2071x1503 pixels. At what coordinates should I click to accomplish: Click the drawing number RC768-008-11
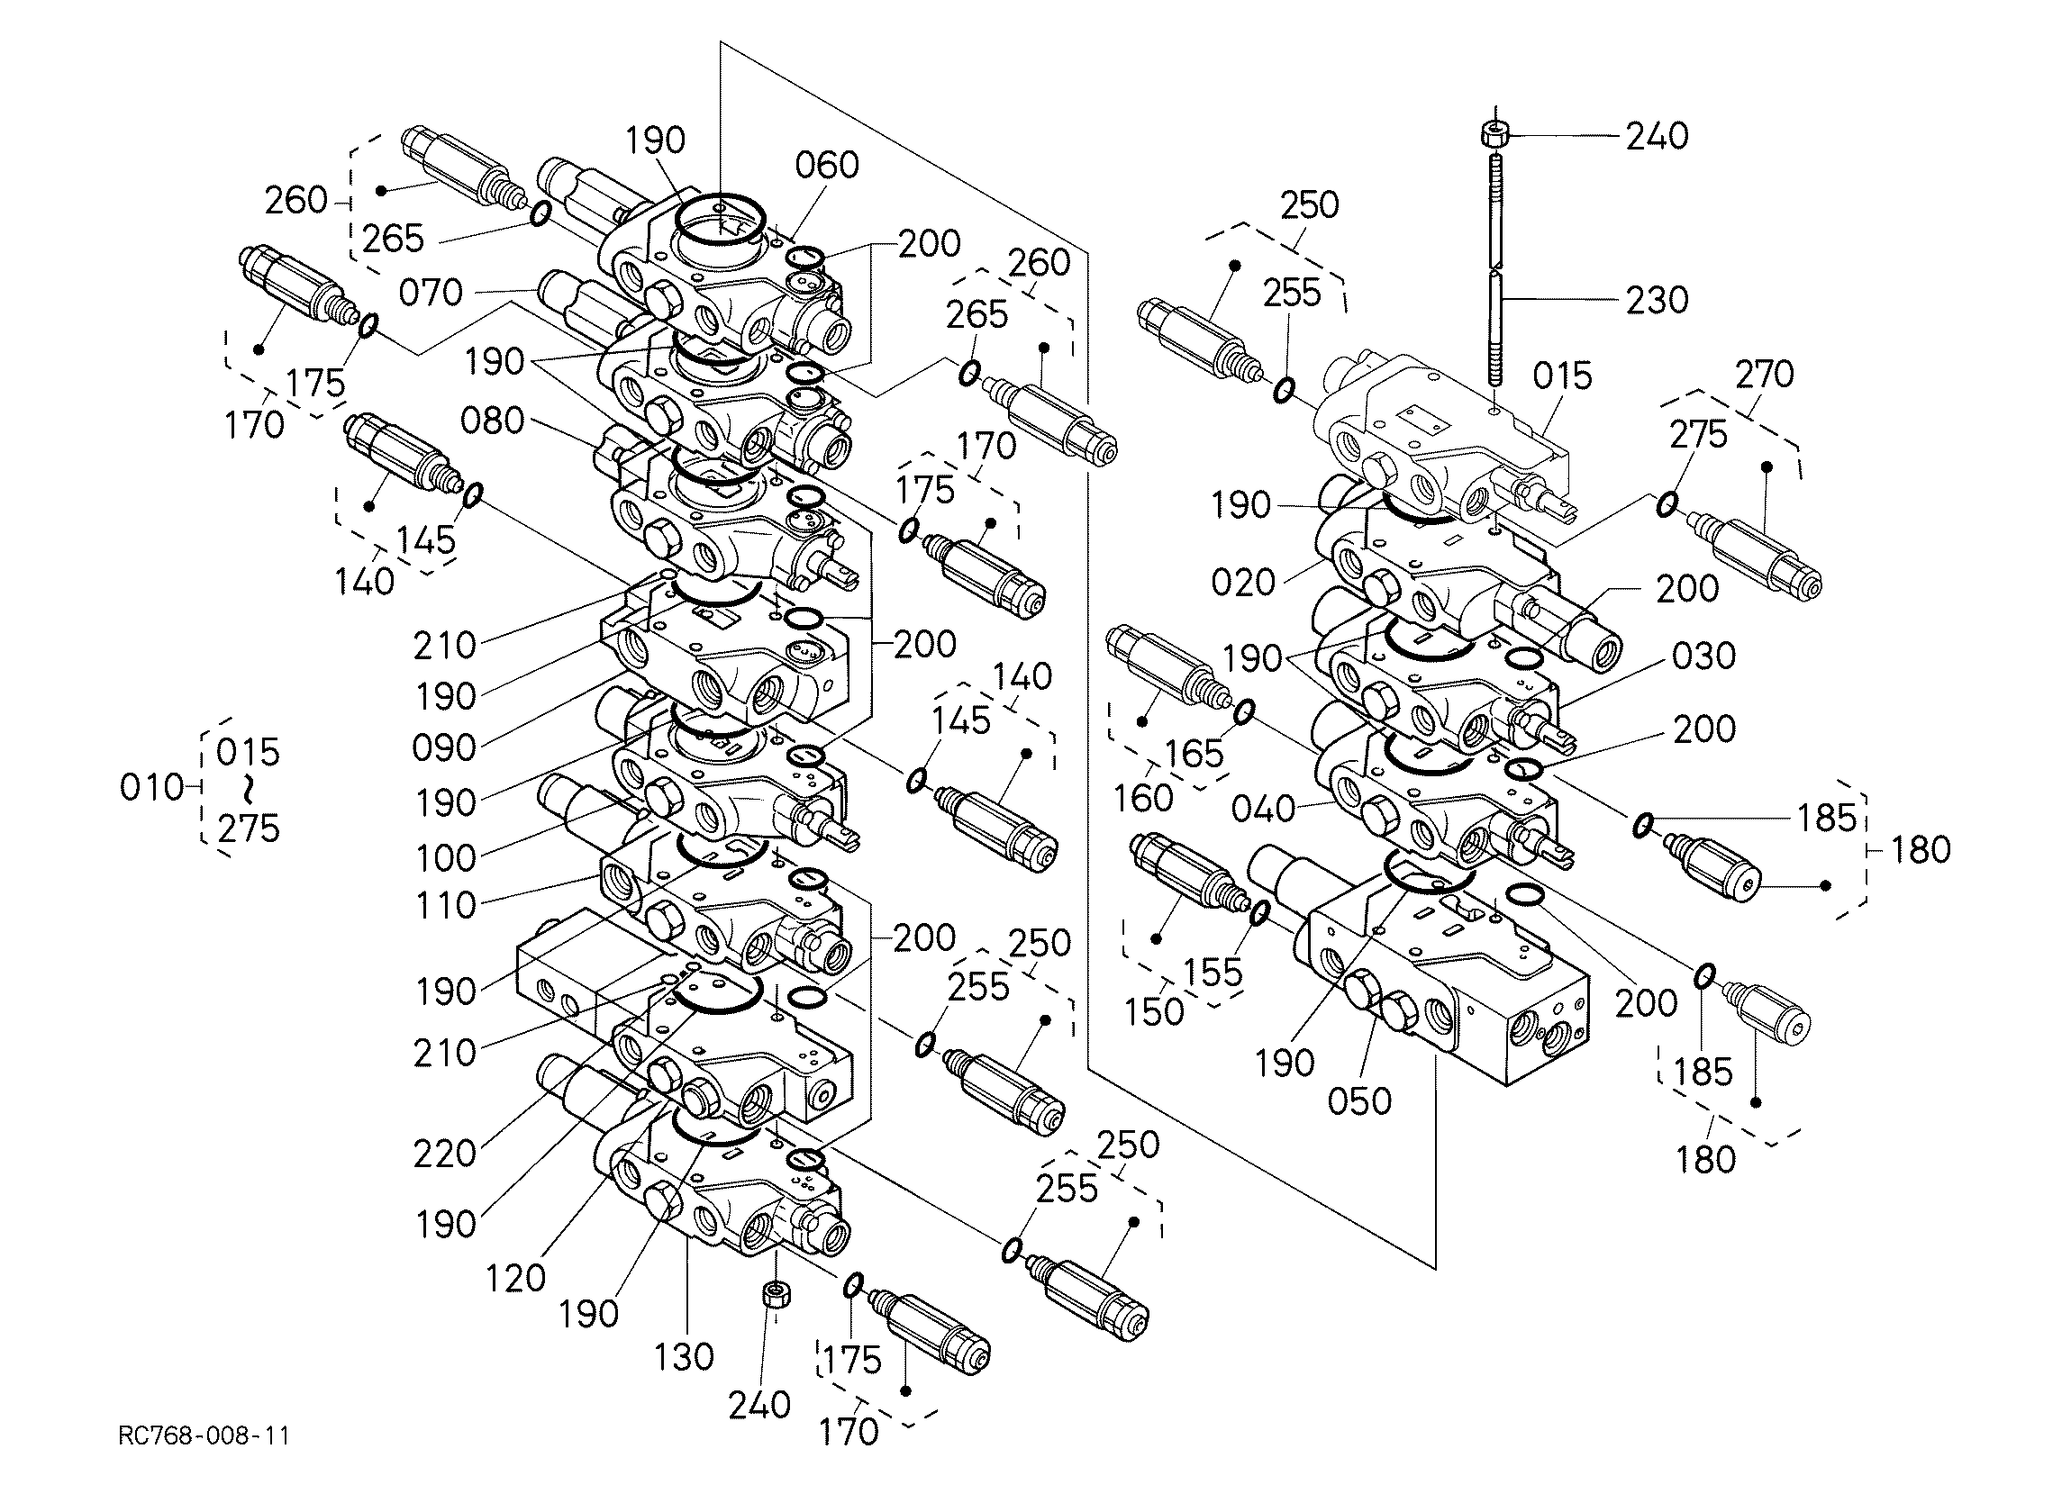click(x=204, y=1435)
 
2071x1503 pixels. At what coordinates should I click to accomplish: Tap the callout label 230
click(x=1658, y=300)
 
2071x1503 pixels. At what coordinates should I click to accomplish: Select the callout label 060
click(x=827, y=166)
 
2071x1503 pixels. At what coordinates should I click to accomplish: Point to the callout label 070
click(x=431, y=292)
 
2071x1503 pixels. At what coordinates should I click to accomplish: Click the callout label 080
click(x=492, y=420)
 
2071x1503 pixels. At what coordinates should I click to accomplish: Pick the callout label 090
click(x=445, y=747)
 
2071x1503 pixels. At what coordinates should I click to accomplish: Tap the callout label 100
click(x=446, y=857)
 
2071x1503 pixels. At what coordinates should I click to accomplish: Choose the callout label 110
click(x=446, y=905)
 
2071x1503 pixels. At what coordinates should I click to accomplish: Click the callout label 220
click(x=445, y=1154)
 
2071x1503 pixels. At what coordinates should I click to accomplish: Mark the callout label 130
click(x=684, y=1357)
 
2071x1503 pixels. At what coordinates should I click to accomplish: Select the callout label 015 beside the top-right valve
click(x=1562, y=376)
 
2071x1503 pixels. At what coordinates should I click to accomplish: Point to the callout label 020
click(x=1243, y=582)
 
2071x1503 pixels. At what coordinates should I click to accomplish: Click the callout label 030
click(x=1704, y=656)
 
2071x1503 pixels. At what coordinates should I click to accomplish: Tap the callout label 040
click(x=1264, y=808)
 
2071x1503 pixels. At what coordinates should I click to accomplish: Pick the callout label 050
click(x=1359, y=1101)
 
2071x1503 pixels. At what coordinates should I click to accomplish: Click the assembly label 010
click(x=151, y=787)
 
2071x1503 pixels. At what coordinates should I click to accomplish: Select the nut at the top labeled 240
click(x=1493, y=134)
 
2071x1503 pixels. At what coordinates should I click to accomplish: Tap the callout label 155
click(x=1213, y=972)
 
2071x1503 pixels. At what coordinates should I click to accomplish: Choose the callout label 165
click(x=1195, y=754)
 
